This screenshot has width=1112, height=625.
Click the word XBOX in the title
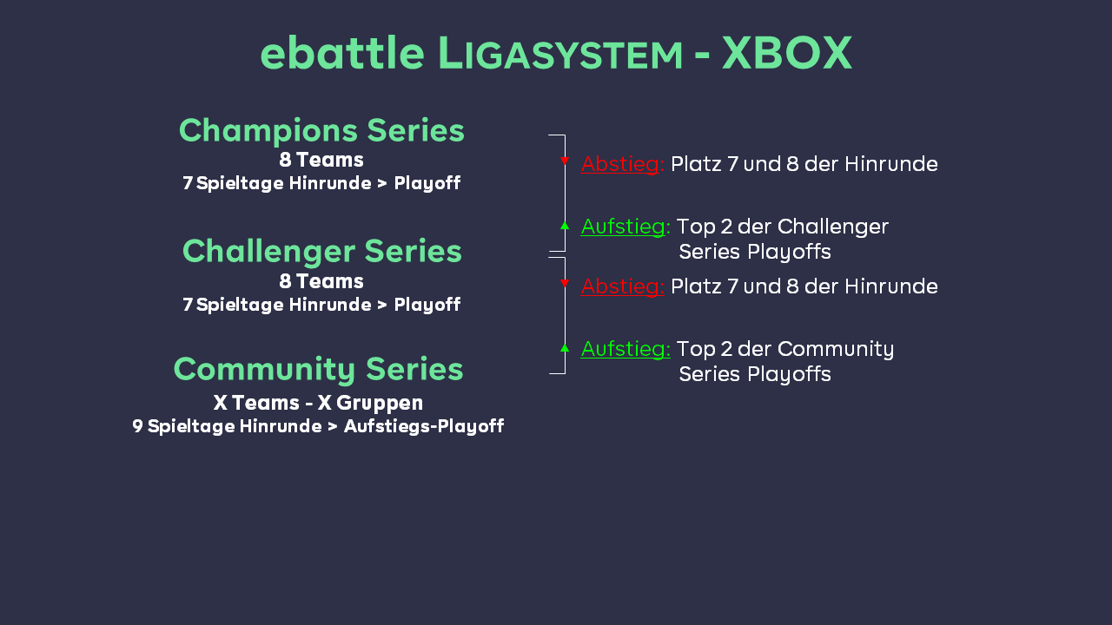(787, 53)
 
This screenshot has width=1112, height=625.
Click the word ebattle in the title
(342, 52)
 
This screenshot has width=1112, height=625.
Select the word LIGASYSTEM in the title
(561, 53)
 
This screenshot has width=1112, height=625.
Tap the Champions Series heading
(321, 130)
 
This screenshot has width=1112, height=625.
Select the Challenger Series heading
(322, 251)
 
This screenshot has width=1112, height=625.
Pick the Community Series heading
(318, 370)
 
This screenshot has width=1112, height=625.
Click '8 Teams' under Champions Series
(321, 160)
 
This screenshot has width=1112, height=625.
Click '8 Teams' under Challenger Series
(321, 281)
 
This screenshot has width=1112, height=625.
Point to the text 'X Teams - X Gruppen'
(318, 403)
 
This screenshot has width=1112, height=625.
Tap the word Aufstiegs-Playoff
(424, 426)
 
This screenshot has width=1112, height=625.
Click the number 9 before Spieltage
(137, 425)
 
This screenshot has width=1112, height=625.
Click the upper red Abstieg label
(623, 164)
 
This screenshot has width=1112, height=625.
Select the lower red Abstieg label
(623, 286)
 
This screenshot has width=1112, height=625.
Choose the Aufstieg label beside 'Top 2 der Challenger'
(625, 227)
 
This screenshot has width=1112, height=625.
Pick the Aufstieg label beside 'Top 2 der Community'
(625, 349)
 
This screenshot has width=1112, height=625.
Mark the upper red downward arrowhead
(565, 161)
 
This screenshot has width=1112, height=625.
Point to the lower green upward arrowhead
(565, 348)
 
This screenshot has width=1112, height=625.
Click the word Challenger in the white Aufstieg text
(833, 227)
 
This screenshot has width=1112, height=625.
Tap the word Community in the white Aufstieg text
(836, 349)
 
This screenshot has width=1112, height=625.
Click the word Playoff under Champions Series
(427, 183)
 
